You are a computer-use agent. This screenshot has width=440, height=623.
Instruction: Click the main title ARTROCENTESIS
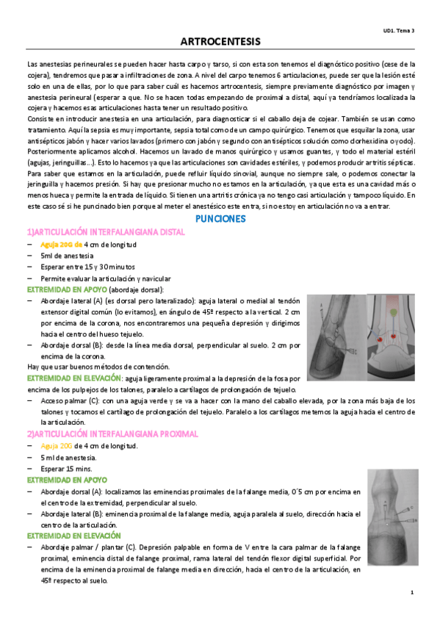coord(220,42)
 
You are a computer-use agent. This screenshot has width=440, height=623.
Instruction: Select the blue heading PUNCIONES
coord(220,219)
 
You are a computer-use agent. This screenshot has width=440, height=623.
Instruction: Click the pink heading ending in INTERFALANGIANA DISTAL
coord(106,232)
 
